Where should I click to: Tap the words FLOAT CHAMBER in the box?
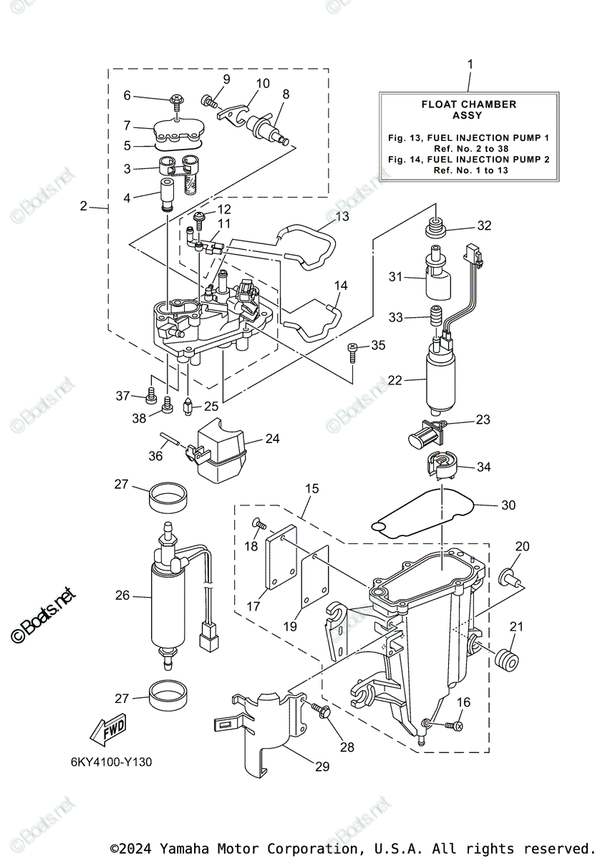tap(468, 105)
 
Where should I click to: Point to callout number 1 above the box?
tap(470, 64)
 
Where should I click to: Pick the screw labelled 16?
tap(453, 725)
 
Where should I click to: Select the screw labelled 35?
tap(353, 350)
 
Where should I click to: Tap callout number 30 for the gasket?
tap(508, 505)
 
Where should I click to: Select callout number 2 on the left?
tap(84, 206)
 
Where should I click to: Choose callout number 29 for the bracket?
tap(321, 767)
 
